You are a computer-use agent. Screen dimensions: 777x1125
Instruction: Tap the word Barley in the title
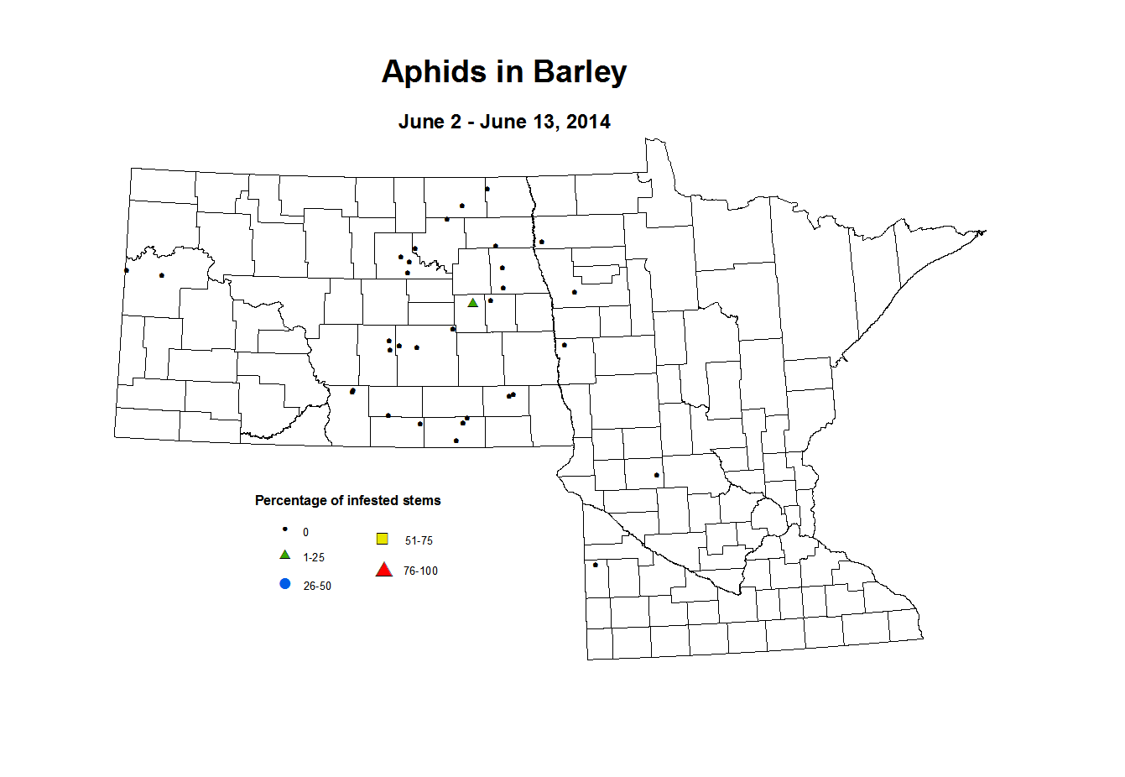click(x=580, y=72)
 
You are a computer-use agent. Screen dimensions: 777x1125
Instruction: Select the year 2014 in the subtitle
click(x=588, y=122)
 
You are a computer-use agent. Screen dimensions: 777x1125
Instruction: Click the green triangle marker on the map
click(x=473, y=303)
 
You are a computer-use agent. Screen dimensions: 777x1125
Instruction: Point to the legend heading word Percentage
click(x=291, y=501)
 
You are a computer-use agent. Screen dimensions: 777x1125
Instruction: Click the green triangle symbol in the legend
click(x=285, y=555)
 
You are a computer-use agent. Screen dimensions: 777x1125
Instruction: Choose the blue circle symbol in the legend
click(x=285, y=584)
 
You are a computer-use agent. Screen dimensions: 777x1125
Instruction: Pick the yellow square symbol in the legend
click(x=383, y=539)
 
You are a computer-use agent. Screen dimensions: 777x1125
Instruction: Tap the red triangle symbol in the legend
click(x=384, y=570)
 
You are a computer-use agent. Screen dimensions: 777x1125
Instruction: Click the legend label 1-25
click(x=314, y=558)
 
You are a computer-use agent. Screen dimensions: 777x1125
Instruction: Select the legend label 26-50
click(x=317, y=587)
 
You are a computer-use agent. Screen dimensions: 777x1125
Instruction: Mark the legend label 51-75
click(x=419, y=541)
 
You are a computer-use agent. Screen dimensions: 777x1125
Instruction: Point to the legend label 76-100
click(x=420, y=571)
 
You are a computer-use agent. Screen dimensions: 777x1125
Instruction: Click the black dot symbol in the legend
click(x=285, y=529)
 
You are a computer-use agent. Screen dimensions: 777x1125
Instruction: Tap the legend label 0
click(x=305, y=533)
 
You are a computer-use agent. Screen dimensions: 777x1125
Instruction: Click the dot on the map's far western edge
click(x=126, y=270)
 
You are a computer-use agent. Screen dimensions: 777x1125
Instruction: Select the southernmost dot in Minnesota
click(x=596, y=565)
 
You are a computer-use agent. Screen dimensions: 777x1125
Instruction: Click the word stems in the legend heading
click(x=421, y=501)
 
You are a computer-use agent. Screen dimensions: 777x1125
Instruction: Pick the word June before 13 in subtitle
click(x=503, y=122)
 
